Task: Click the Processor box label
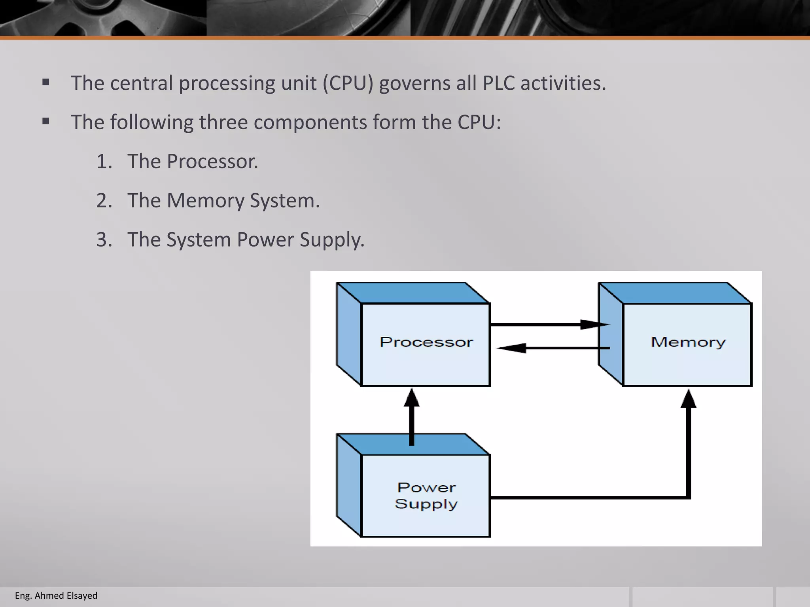(x=426, y=342)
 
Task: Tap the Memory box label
(x=688, y=342)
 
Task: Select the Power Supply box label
(x=426, y=496)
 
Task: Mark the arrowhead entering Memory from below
(x=688, y=399)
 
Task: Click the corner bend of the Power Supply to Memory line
(x=688, y=497)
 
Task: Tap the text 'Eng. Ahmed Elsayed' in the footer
(x=56, y=596)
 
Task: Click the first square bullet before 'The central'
(x=46, y=83)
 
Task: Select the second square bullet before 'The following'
(x=46, y=121)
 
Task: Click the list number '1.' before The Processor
(x=104, y=162)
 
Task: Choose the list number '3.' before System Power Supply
(x=104, y=240)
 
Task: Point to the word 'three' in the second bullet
(x=223, y=122)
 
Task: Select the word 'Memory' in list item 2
(x=206, y=201)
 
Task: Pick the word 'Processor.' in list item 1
(x=212, y=162)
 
